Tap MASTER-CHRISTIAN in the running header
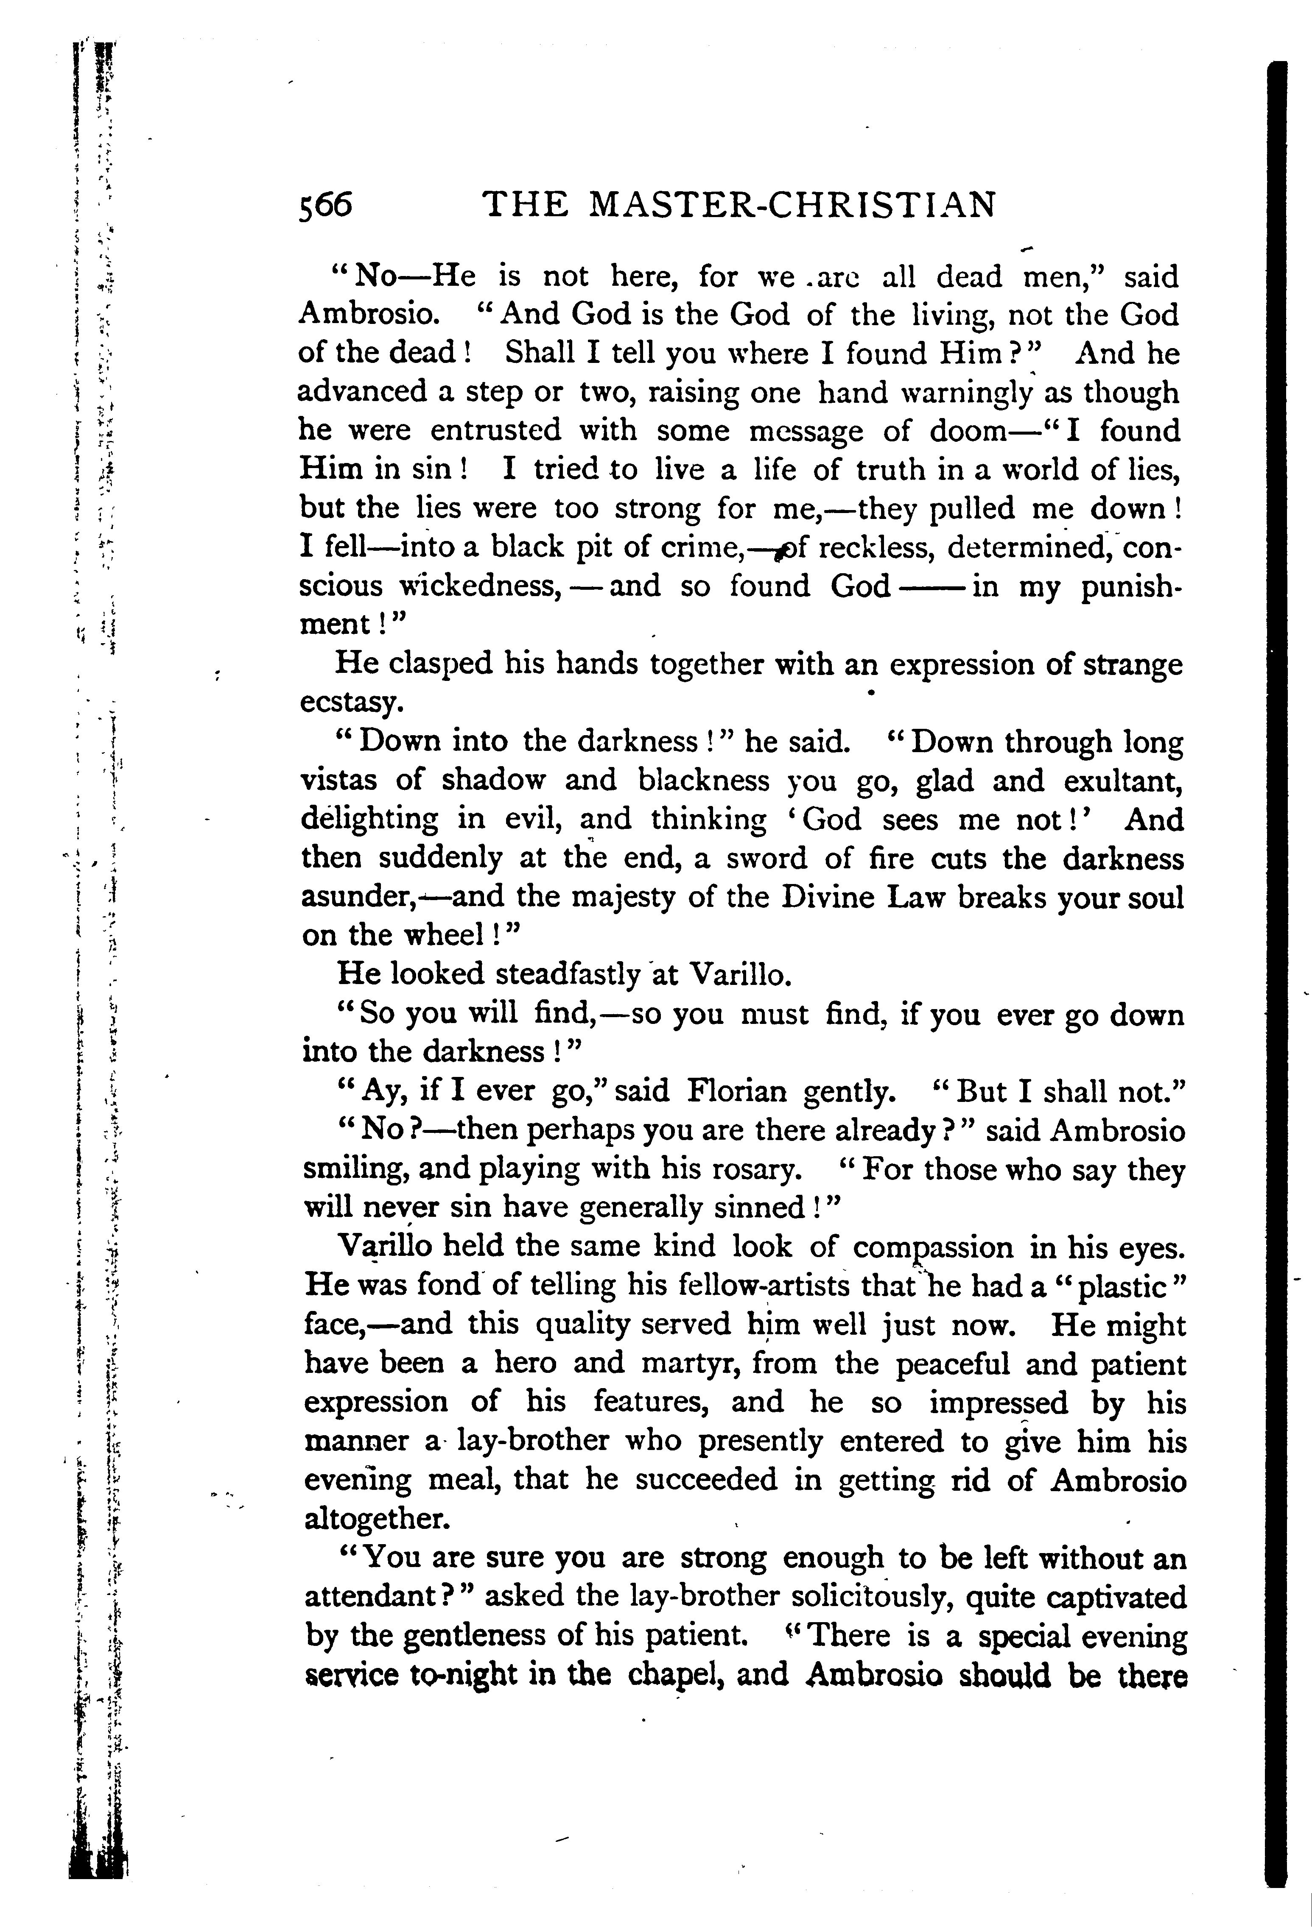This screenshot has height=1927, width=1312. [790, 205]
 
